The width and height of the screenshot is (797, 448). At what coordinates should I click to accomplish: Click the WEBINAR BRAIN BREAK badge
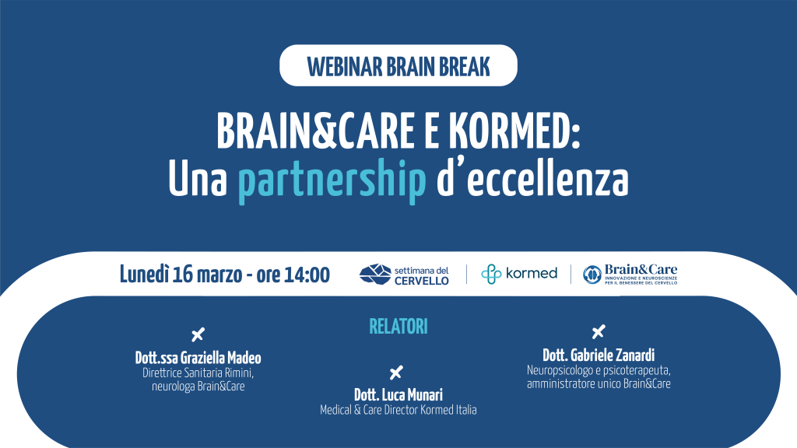398,65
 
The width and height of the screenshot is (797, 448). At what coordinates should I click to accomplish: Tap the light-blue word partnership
332,180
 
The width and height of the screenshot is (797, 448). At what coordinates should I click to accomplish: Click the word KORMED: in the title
514,131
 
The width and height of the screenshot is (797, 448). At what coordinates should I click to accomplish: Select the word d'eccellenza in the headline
532,178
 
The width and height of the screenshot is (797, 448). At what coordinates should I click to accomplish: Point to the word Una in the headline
198,180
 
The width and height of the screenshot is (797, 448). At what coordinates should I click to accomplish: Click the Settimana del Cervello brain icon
375,275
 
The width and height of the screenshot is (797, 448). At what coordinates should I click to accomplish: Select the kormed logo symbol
491,274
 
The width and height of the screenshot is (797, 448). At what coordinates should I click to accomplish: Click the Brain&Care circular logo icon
592,275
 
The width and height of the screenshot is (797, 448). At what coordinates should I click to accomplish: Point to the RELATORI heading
398,327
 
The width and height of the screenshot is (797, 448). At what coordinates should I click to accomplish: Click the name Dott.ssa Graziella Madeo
198,358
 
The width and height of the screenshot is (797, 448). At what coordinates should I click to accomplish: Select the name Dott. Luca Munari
398,394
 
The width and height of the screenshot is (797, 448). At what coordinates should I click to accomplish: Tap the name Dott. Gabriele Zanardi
599,355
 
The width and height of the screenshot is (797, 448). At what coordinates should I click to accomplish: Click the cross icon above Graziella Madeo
198,334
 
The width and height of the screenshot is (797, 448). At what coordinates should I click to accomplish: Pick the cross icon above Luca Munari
396,373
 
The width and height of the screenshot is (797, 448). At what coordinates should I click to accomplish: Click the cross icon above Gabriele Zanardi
599,331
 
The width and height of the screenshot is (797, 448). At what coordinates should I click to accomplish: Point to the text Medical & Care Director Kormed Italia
398,410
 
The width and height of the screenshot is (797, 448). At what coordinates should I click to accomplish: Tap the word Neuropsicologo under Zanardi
557,371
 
